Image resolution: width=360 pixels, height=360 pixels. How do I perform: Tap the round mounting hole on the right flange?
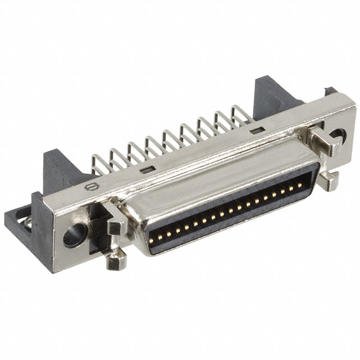(x=337, y=136)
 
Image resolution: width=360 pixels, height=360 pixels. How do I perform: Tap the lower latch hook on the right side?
(x=329, y=180)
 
